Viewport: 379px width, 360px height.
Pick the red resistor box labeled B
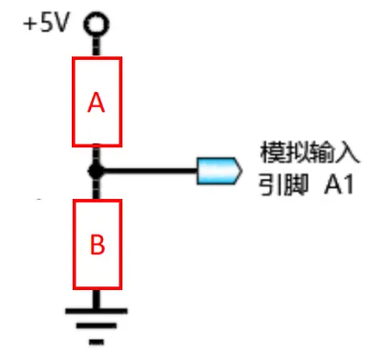[x=97, y=244]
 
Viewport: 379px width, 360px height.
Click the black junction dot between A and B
[x=95, y=169]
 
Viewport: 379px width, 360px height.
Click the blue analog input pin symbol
[x=219, y=169]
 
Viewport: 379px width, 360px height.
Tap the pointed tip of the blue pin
[x=240, y=169]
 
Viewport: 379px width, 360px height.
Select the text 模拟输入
[x=304, y=150]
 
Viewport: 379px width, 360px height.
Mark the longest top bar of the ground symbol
[x=96, y=310]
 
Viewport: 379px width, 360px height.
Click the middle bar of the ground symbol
[x=96, y=325]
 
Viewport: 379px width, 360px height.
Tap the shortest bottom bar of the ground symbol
[x=96, y=340]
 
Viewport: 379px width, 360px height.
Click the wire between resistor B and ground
[x=96, y=299]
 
